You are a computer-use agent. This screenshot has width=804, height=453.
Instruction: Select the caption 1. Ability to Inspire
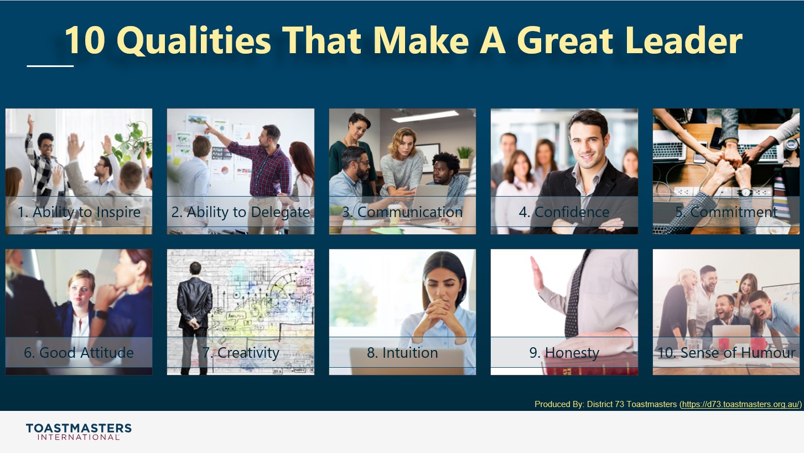(79, 212)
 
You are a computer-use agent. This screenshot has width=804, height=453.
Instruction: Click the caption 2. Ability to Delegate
(240, 212)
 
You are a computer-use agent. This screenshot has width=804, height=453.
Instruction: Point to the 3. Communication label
(402, 212)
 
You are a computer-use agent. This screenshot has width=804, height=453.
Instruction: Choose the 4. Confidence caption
(564, 212)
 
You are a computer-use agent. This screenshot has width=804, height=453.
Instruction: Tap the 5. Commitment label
(726, 212)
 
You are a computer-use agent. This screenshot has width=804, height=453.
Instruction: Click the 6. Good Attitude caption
(79, 353)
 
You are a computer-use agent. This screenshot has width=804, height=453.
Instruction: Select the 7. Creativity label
(240, 353)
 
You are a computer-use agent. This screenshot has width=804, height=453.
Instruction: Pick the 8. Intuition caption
(402, 353)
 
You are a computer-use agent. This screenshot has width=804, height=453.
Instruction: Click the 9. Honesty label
(564, 353)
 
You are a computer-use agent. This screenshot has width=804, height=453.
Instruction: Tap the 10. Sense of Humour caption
(726, 353)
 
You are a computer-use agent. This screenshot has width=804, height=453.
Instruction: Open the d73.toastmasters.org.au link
(741, 404)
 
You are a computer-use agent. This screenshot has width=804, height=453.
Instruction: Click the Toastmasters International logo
(79, 431)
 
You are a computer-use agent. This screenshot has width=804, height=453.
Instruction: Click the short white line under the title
(50, 66)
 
